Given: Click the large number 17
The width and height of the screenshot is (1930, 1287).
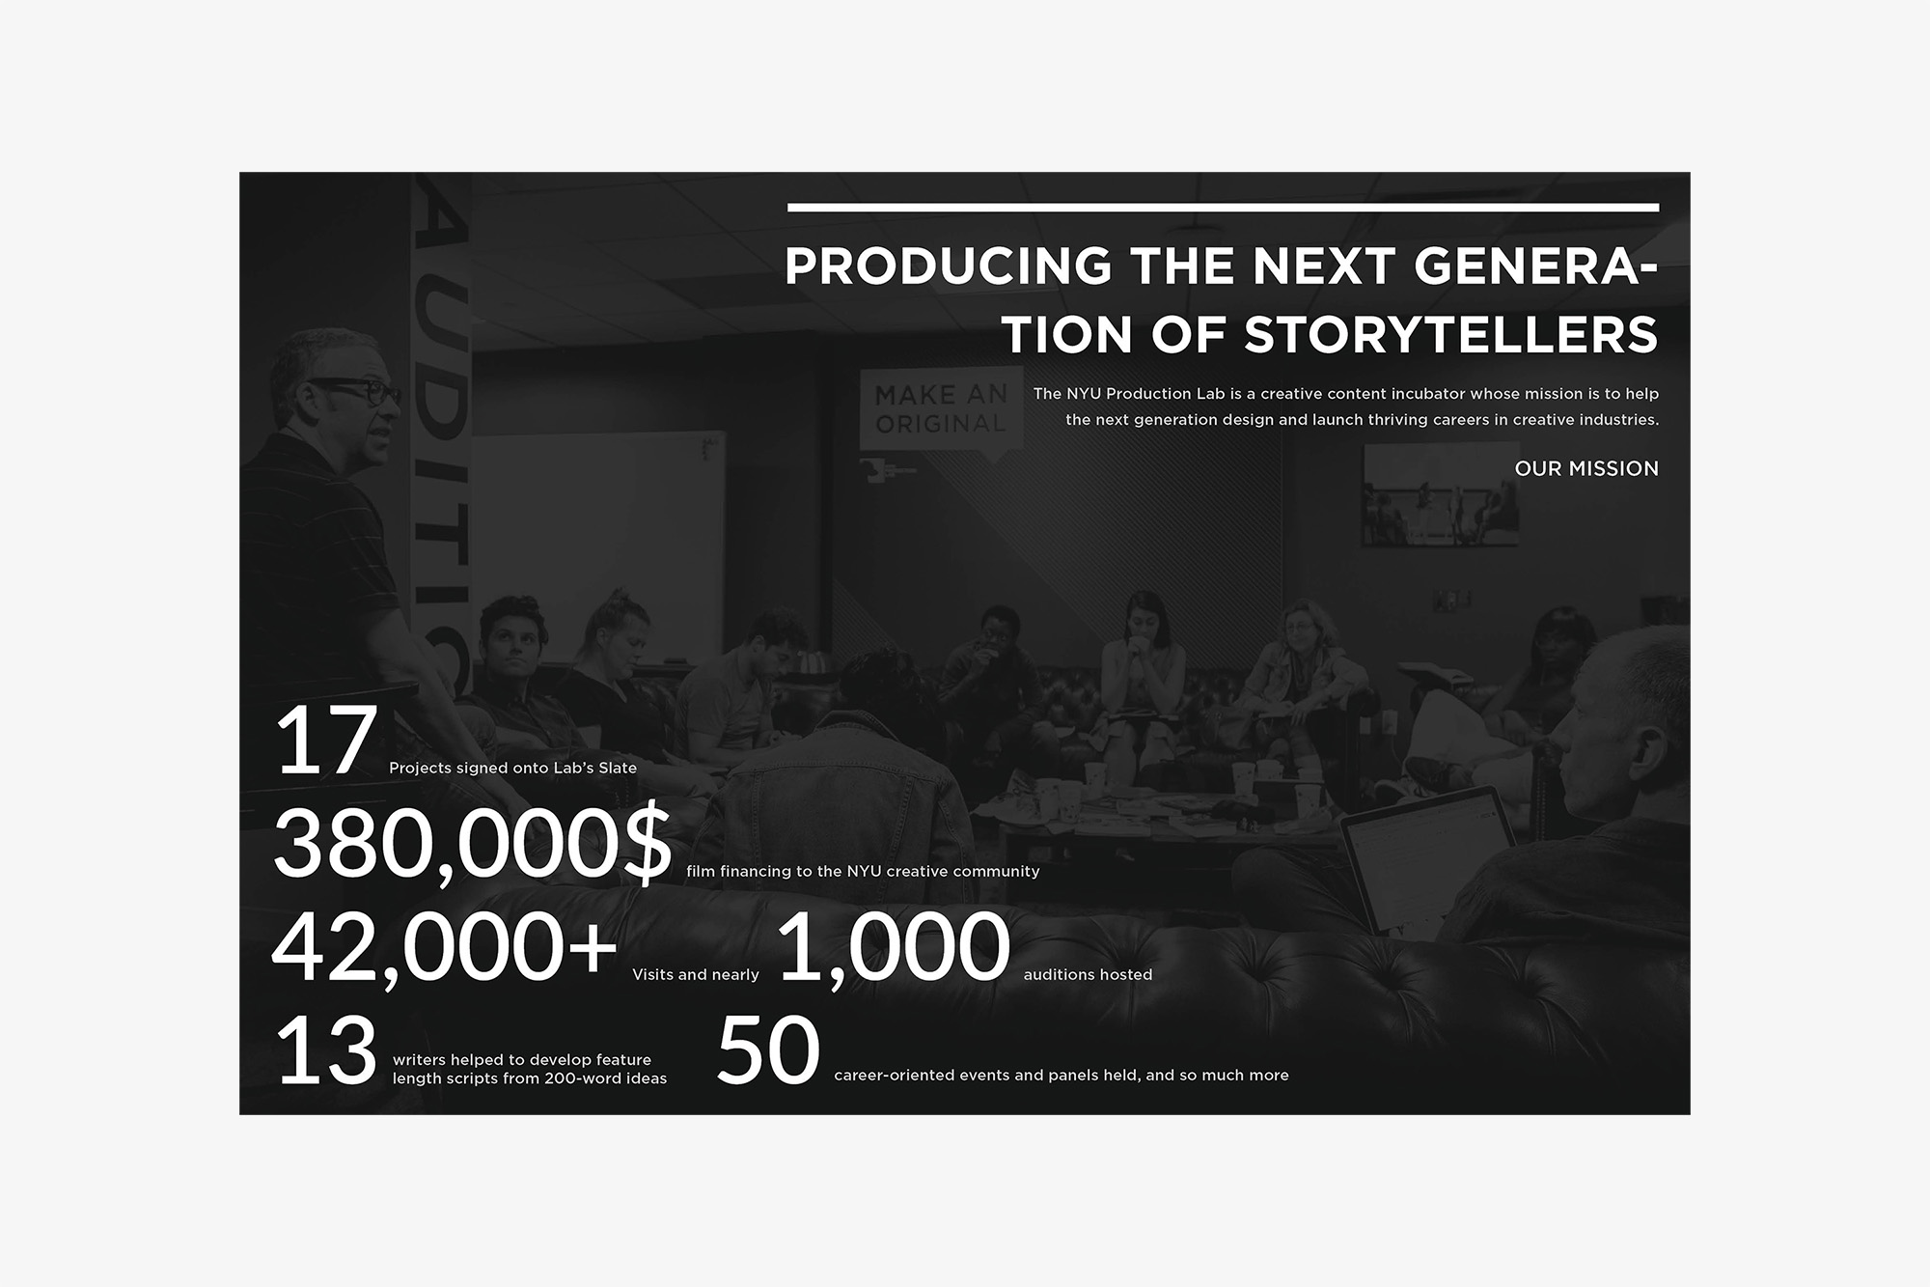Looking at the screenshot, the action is pos(325,741).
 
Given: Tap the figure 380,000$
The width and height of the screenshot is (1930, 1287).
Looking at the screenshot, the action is pos(473,842).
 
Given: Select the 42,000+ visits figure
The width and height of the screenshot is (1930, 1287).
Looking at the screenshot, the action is pos(444,947).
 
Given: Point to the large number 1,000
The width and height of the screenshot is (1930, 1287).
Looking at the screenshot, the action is pos(894,947).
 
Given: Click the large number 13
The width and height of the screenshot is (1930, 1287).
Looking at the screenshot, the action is pos(325,1049).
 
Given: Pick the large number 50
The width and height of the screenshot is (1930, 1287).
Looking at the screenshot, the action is pos(768,1049).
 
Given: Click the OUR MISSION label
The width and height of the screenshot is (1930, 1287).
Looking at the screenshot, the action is pos(1586,468).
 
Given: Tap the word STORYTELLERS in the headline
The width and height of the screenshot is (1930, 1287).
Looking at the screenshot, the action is pos(1451,335).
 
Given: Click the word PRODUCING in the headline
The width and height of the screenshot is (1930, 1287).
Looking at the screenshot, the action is pos(949,266).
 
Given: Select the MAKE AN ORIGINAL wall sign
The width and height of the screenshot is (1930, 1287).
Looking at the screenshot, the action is pos(941,409).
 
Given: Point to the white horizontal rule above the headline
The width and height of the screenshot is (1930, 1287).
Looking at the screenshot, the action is pos(1223,208).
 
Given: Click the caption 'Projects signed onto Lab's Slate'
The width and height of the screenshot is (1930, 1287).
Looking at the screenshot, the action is pos(512,769).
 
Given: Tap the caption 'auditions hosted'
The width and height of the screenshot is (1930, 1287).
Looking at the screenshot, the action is pos(1088,975).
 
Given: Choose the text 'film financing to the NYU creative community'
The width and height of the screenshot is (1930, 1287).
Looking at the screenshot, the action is pos(863,872).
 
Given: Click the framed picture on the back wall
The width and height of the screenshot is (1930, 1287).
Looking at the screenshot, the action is pos(1440,496).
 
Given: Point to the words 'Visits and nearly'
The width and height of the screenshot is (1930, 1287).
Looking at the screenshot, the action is pos(696,975).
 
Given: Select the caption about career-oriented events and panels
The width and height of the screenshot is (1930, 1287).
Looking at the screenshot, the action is pos(1061,1076).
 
